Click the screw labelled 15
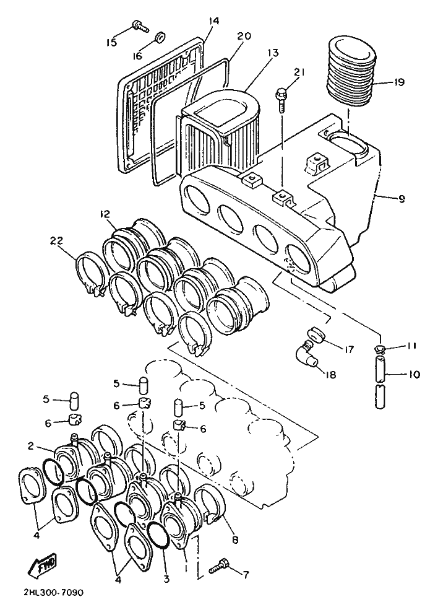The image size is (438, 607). (x=139, y=26)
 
